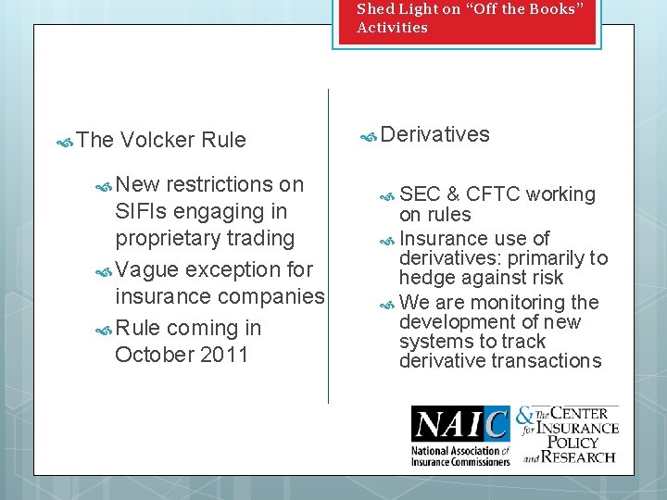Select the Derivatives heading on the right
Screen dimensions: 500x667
tap(434, 134)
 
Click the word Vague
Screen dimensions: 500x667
tap(148, 269)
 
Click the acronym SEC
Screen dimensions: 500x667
tap(420, 194)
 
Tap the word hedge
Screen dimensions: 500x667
tap(425, 278)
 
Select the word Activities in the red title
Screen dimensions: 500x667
tap(392, 27)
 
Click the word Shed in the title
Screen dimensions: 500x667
tap(375, 8)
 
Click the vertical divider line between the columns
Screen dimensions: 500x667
tap(328, 245)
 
